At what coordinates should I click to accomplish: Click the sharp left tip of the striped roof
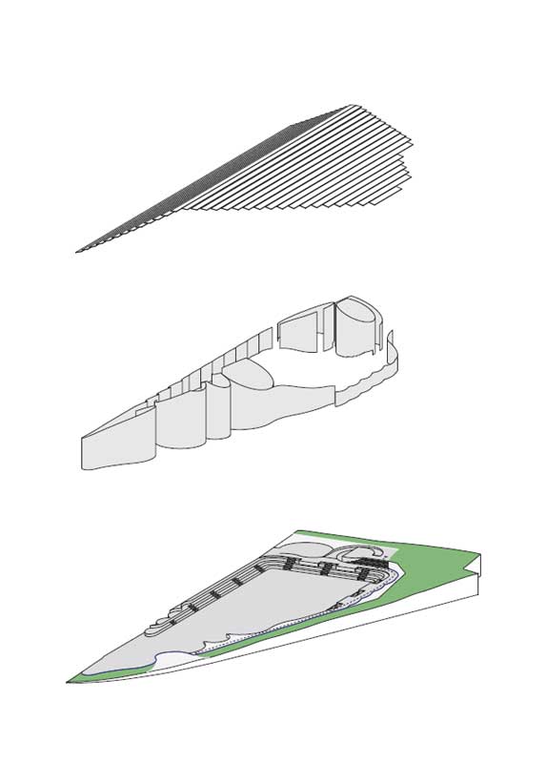pyautogui.click(x=78, y=252)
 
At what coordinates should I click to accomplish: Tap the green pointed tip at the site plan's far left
pyautogui.click(x=74, y=680)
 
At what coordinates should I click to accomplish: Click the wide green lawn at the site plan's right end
pyautogui.click(x=448, y=563)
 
